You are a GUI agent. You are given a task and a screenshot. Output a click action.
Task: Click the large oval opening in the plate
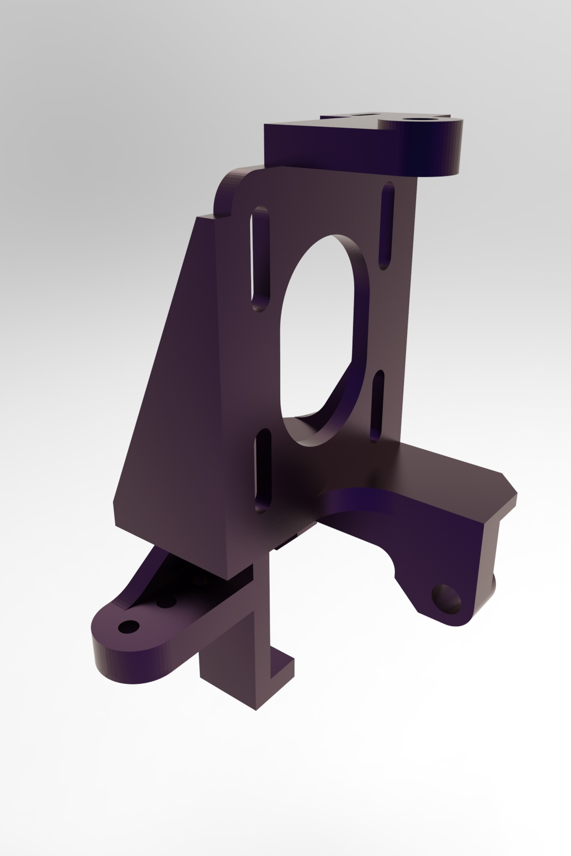[317, 338]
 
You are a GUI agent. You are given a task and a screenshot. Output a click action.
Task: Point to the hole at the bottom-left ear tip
[128, 627]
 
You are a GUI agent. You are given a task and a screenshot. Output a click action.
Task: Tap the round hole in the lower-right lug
[447, 599]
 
